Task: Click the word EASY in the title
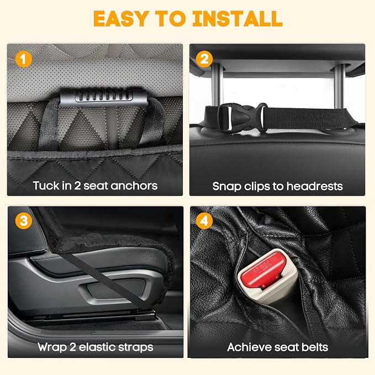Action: pos(120,18)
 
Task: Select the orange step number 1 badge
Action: pos(23,59)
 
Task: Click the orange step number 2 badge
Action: pos(204,59)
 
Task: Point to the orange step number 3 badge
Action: pos(23,221)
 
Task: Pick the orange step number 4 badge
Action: pos(204,221)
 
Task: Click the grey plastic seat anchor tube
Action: pos(103,97)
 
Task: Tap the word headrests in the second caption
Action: pos(315,186)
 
